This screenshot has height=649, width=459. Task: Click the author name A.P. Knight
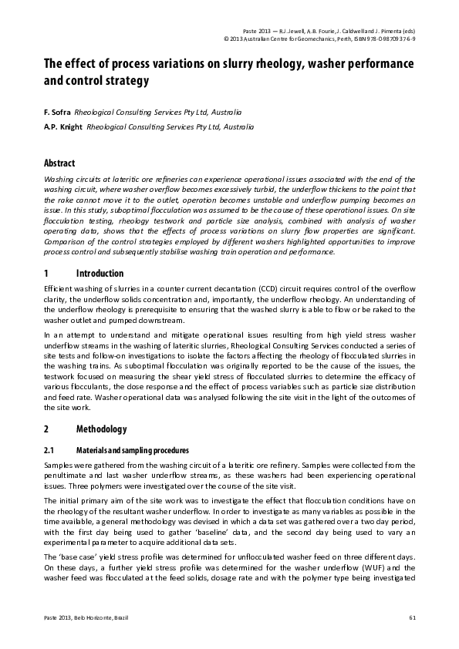[x=63, y=126]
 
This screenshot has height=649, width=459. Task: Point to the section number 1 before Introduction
[x=46, y=274]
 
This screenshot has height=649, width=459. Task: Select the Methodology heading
[x=102, y=428]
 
